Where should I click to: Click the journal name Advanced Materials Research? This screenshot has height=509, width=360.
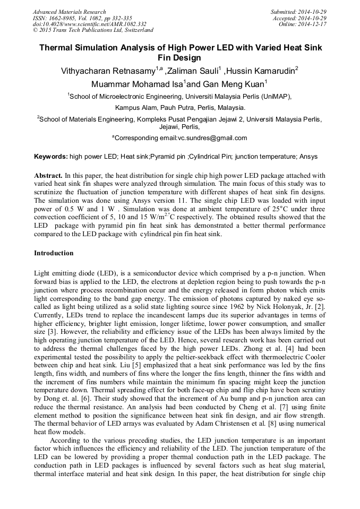(x=69, y=12)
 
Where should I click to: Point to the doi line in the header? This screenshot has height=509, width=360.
(x=89, y=24)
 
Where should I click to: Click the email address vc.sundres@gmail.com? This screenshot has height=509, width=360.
(x=212, y=138)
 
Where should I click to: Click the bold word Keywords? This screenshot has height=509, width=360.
(x=50, y=157)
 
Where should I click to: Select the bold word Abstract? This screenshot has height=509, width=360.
(x=48, y=175)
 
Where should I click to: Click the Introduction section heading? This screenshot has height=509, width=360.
(x=54, y=253)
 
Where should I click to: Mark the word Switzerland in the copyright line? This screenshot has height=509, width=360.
(x=135, y=30)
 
